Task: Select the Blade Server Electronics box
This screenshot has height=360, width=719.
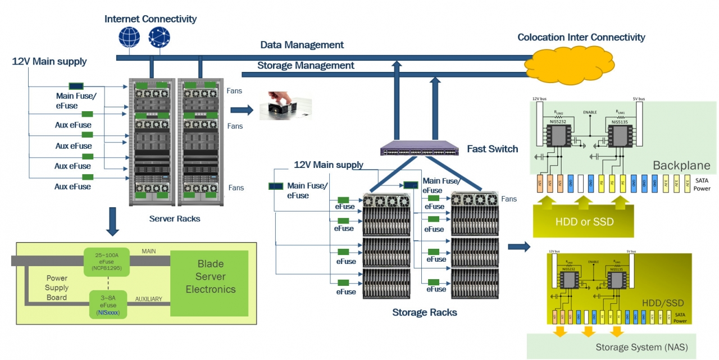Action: [210, 276]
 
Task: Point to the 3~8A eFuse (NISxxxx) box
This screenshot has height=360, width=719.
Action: [109, 303]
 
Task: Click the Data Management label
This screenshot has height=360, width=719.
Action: [302, 45]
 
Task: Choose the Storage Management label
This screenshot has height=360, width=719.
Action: [306, 66]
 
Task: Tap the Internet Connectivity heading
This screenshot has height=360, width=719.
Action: [151, 19]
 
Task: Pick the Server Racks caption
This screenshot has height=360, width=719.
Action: [175, 218]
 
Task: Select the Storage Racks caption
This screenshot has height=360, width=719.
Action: [425, 312]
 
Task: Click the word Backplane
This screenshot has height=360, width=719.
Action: [681, 166]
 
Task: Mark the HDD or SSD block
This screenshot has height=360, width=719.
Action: [584, 221]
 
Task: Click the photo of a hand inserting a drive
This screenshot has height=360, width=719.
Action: [285, 106]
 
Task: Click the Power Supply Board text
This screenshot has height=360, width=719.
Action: [57, 288]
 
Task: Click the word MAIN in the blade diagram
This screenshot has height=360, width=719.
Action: [149, 251]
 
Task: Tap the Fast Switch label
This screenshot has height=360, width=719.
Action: [493, 149]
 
